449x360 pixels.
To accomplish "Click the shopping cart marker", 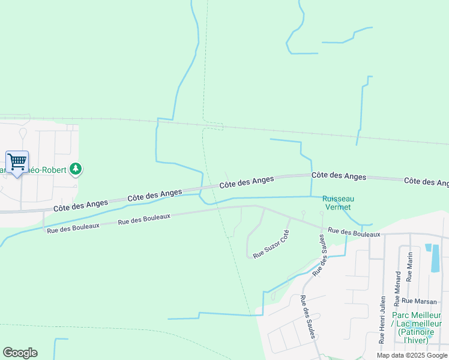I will point(17,161).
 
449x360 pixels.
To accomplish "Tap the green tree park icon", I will point(76,169).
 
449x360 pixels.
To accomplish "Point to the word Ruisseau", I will point(338,199).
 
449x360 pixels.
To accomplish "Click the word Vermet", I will point(338,207).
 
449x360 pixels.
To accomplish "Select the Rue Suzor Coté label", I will point(271,244).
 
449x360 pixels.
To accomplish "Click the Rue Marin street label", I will point(410,267).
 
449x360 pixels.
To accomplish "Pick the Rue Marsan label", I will point(419,301).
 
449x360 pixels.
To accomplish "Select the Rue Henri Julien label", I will point(382,319).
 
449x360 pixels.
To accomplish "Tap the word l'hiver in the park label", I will point(416,340).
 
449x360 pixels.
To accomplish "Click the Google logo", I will point(20,353).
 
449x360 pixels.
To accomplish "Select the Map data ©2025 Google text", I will point(411,355).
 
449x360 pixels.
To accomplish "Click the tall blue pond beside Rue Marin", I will point(435,257).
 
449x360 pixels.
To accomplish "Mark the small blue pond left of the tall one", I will point(428,247).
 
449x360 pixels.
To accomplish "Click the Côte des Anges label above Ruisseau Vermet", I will point(339,176).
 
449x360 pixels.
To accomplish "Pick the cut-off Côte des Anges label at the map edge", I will point(426,181).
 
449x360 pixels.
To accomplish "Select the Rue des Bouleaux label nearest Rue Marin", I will point(354,232).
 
